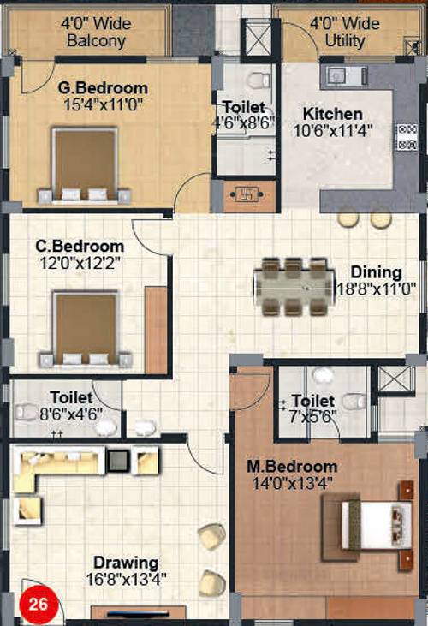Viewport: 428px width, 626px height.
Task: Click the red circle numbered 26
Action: point(37,603)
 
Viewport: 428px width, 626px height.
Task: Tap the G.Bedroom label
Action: point(103,87)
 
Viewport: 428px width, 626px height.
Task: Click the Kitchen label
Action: point(333,114)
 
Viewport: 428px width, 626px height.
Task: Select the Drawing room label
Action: point(126,563)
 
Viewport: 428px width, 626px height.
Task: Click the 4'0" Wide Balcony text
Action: point(95,32)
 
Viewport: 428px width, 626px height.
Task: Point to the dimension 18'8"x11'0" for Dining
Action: point(376,289)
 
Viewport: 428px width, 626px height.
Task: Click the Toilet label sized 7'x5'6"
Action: point(312,401)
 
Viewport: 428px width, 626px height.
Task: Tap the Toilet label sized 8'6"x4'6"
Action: point(71,397)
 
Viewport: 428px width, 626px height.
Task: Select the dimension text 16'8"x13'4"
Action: point(126,578)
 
